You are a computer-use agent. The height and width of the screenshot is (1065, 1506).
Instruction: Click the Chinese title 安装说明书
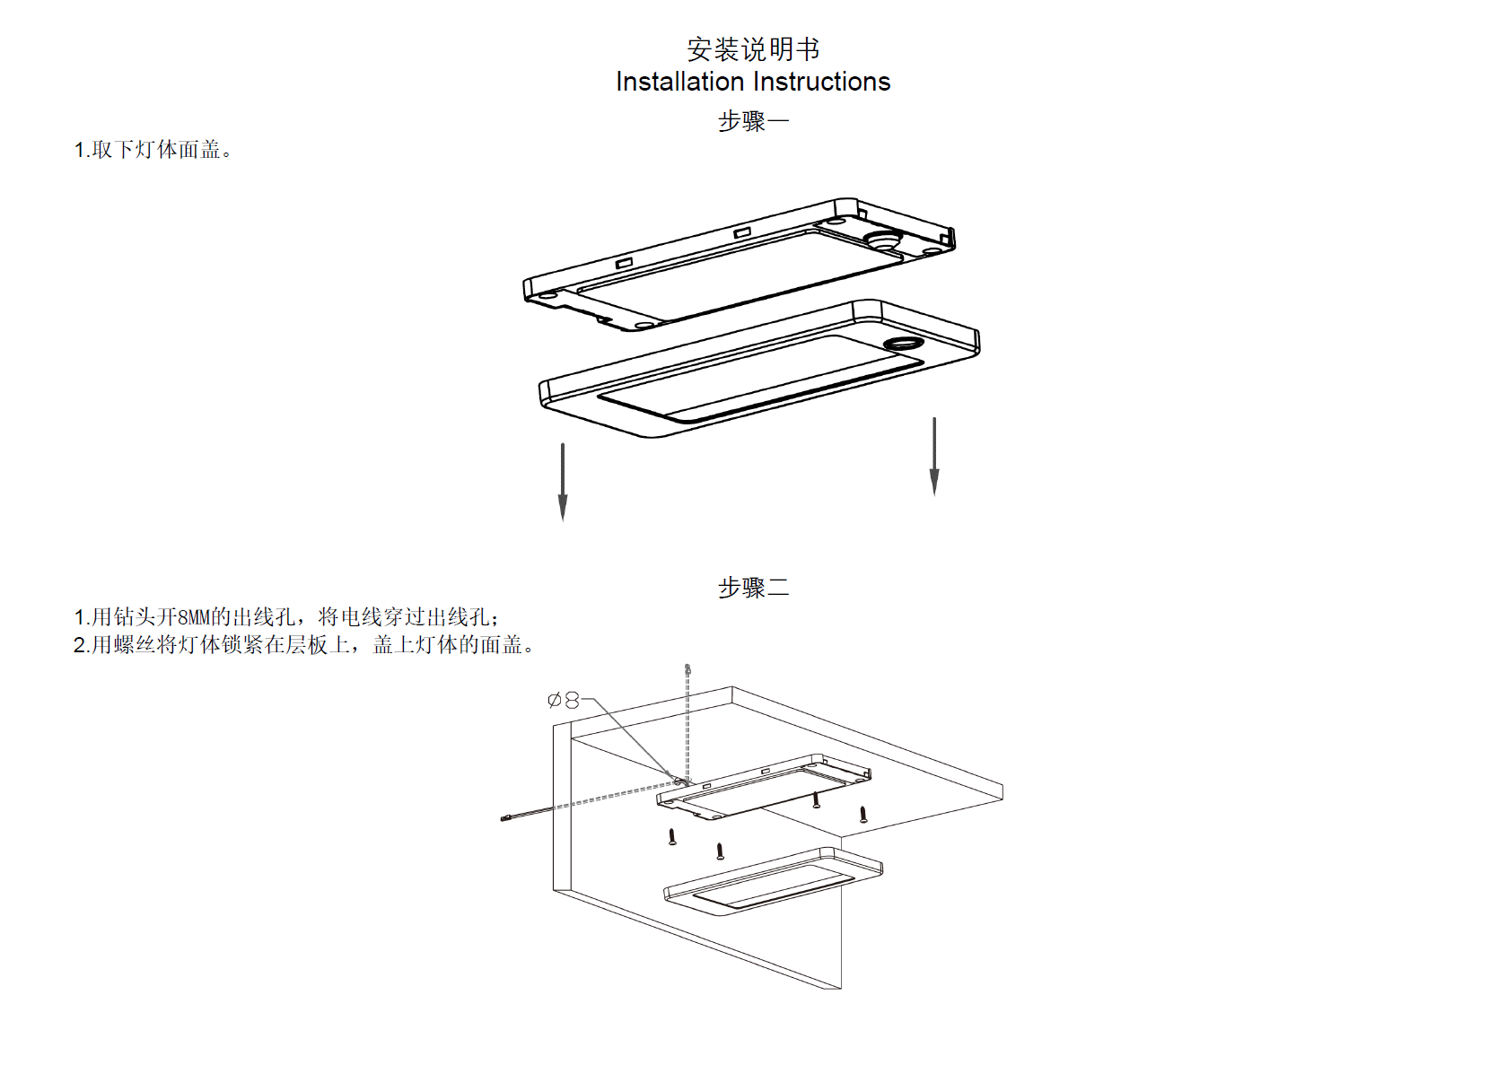point(752,48)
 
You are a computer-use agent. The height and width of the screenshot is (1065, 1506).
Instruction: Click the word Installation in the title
point(679,82)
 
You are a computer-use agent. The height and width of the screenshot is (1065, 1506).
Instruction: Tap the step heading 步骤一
point(752,121)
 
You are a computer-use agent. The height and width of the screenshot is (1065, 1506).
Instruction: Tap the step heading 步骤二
point(752,588)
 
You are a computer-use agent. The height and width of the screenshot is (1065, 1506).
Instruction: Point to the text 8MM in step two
point(193,617)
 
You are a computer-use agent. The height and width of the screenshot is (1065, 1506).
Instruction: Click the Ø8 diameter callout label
point(564,700)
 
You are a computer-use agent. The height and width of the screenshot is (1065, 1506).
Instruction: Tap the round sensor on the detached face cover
point(901,344)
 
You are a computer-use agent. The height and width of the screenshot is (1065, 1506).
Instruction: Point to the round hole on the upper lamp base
point(882,239)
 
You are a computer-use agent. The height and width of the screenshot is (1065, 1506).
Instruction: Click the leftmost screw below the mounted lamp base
point(672,837)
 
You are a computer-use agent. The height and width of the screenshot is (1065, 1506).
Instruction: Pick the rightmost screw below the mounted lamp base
point(863,815)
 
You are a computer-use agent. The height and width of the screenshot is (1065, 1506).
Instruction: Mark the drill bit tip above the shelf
point(687,669)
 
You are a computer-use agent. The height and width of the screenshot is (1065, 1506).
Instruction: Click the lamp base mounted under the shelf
point(763,787)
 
